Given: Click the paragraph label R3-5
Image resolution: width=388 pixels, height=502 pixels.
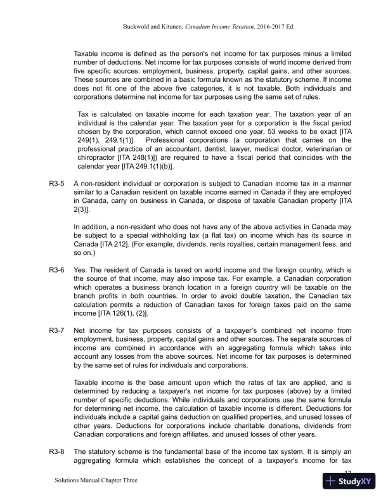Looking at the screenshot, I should pyautogui.click(x=57, y=183).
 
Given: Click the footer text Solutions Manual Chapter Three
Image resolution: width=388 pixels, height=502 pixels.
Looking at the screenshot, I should pyautogui.click(x=94, y=481).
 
